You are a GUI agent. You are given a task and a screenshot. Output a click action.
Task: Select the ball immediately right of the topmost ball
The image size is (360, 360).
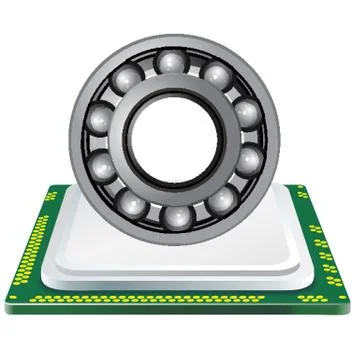click(214, 74)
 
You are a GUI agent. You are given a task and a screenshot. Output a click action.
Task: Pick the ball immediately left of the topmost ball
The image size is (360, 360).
click(127, 78)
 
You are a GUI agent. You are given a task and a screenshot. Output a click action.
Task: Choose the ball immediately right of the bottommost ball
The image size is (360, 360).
click(219, 202)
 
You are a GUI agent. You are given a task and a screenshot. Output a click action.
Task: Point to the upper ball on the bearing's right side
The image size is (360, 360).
click(245, 111)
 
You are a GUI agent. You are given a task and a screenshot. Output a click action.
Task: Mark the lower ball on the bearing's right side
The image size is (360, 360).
click(249, 161)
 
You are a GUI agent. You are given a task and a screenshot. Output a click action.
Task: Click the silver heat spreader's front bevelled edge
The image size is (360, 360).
click(180, 268)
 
